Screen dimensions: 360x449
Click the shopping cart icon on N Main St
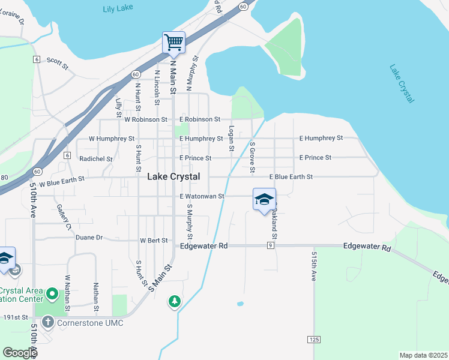coord(173,42)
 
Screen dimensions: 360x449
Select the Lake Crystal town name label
coord(173,177)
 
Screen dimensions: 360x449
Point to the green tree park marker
coord(175,301)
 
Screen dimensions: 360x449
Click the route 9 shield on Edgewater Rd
coord(271,245)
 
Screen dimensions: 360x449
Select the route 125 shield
coord(315,340)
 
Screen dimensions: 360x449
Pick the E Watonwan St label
coord(202,196)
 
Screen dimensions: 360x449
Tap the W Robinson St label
coord(146,119)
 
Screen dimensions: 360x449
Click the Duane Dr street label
coord(89,237)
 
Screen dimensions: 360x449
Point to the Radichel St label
coord(96,159)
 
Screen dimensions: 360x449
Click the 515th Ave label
coord(314,266)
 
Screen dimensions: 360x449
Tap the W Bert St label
coord(154,240)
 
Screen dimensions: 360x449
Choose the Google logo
coord(19,353)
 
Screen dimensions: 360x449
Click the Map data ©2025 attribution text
coord(423,355)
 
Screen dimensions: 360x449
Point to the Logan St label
coord(231,138)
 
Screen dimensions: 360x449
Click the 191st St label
coord(16,317)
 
